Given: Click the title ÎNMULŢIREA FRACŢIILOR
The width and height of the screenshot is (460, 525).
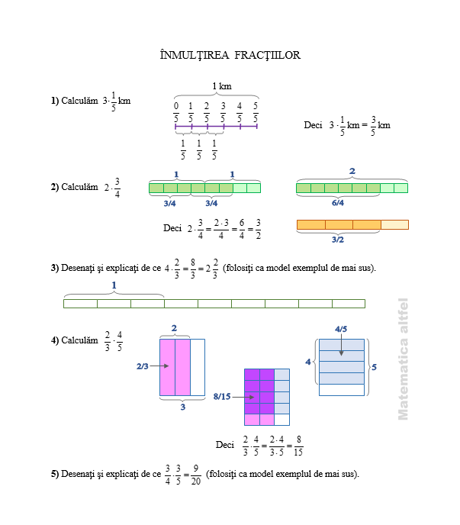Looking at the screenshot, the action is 230,55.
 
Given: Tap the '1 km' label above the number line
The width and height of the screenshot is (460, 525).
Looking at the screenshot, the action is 222,86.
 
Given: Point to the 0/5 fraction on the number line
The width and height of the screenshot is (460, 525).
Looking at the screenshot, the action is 176,112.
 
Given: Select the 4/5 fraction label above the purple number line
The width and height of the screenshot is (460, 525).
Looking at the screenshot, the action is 240,112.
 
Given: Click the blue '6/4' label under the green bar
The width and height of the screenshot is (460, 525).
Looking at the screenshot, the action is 338,202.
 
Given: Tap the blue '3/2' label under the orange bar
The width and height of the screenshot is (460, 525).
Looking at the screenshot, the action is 338,240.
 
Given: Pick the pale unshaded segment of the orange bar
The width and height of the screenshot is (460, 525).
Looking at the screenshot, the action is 394,224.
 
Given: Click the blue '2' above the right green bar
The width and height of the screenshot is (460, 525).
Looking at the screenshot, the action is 352,171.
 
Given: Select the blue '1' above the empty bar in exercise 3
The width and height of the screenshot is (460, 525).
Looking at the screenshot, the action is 114,285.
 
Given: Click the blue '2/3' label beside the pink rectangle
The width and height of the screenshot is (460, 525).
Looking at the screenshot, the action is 143,366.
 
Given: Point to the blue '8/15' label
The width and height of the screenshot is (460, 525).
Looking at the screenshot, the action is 222,397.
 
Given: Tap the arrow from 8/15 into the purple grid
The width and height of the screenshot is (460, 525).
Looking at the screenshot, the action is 243,397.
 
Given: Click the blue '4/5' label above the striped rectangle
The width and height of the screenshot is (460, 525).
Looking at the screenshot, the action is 341,329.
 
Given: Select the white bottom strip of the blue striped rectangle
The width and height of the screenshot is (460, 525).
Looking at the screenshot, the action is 342,390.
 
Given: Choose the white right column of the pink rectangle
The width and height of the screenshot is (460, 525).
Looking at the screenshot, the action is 198,367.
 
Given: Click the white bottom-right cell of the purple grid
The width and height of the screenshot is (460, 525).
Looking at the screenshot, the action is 282,420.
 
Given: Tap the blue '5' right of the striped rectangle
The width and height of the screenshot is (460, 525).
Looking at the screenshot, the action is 375,367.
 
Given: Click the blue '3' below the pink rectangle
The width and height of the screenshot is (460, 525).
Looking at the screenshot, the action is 183,407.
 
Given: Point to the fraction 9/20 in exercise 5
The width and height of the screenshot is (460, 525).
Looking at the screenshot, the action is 196,475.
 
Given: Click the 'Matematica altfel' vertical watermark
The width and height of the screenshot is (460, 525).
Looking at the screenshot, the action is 403,359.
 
